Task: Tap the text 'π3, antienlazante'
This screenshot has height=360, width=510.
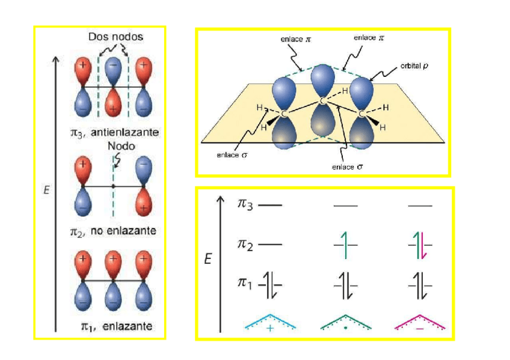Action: click(114, 131)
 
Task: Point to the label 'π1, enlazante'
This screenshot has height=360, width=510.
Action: click(115, 326)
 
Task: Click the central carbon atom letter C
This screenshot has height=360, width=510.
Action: click(323, 100)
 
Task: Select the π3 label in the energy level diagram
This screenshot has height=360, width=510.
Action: click(245, 205)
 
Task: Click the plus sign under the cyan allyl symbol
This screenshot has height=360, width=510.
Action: click(269, 328)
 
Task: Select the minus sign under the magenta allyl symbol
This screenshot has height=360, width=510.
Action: click(419, 329)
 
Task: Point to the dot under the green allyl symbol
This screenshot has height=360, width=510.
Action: click(345, 329)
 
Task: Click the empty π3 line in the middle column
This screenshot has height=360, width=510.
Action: click(345, 206)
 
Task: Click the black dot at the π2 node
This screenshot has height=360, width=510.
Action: click(113, 186)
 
